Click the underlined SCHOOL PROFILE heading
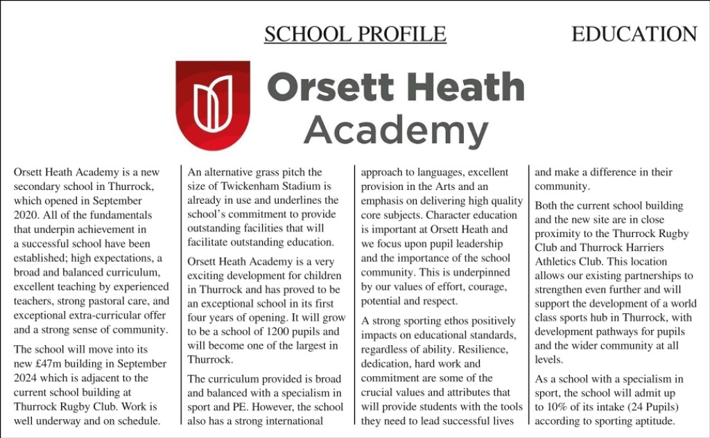coord(355,34)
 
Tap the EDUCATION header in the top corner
coord(634,34)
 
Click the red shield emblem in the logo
coord(212,101)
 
